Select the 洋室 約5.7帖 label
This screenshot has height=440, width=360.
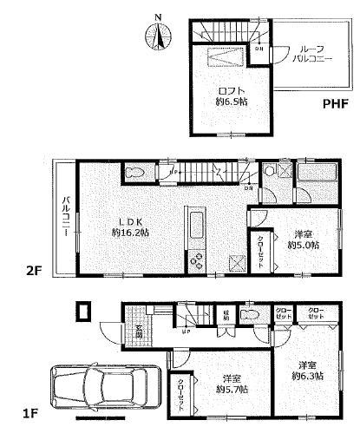[230, 384]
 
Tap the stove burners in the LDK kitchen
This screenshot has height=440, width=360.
[195, 259]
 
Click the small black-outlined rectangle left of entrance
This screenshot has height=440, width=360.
[83, 312]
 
